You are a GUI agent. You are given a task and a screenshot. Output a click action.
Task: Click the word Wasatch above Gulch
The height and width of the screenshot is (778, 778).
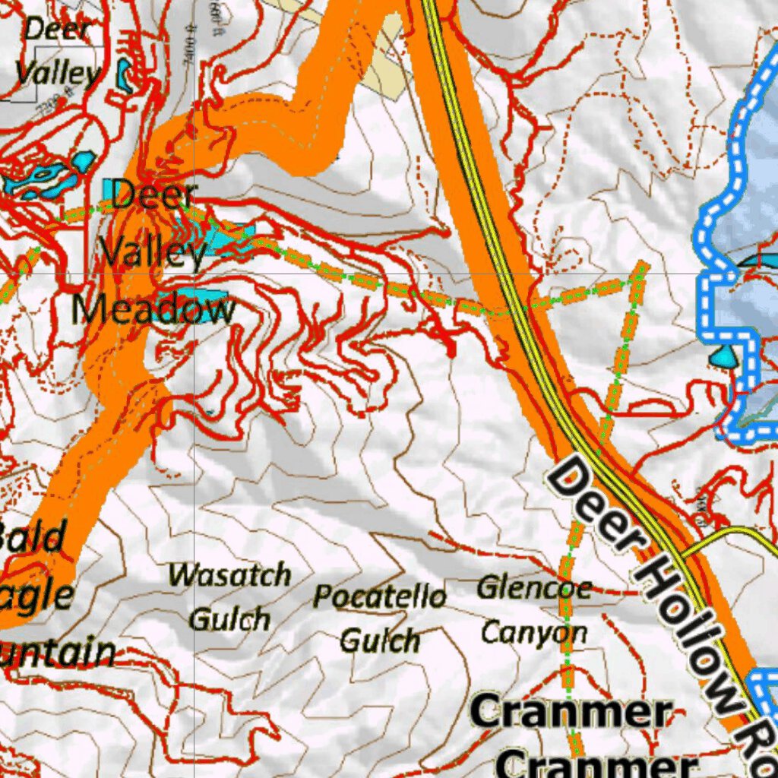click(x=229, y=575)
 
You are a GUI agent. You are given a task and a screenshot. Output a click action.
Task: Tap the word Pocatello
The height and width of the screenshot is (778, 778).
click(x=379, y=596)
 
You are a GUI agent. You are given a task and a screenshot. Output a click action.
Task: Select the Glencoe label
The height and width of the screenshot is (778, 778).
click(x=534, y=587)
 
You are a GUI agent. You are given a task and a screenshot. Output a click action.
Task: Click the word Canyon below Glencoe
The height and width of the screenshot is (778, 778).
click(x=534, y=632)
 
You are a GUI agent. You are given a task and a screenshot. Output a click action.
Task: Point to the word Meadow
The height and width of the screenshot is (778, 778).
click(x=153, y=309)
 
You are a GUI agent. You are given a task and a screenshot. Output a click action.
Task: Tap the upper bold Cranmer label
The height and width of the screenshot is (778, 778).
click(x=571, y=713)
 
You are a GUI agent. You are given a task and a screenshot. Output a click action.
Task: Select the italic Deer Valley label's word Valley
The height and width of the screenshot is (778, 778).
click(x=58, y=74)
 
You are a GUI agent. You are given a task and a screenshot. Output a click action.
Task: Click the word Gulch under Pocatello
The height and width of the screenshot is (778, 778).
click(x=379, y=641)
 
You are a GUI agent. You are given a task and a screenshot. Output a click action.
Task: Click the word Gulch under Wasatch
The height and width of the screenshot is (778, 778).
click(x=229, y=620)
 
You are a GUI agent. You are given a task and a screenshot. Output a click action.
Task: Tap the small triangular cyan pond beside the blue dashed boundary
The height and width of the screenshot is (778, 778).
click(x=723, y=354)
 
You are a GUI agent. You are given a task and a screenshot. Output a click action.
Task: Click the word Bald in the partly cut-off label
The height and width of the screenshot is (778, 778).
click(x=33, y=538)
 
